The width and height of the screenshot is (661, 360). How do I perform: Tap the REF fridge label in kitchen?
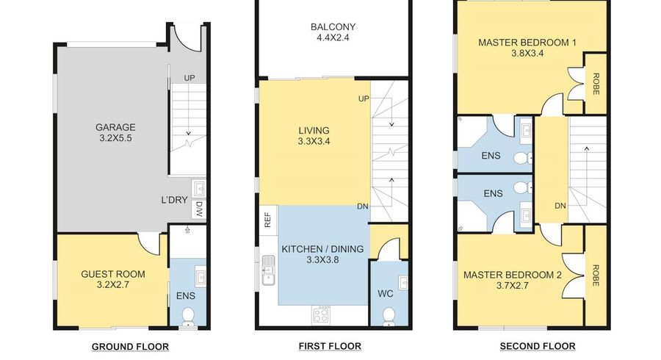(x=267, y=220)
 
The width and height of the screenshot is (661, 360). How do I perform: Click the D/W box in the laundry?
(x=199, y=209)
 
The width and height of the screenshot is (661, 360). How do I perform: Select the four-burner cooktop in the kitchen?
(x=321, y=315)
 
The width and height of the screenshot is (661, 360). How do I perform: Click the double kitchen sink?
(x=268, y=270)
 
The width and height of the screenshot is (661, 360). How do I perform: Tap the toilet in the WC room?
(x=389, y=316)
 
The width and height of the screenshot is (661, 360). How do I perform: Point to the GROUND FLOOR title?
(x=130, y=347)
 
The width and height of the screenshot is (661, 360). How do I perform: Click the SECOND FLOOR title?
(x=538, y=347)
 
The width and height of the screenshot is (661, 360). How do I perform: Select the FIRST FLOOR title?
(x=330, y=347)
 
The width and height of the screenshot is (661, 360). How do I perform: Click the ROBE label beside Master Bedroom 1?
(x=596, y=84)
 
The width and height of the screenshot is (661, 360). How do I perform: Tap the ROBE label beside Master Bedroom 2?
(x=596, y=276)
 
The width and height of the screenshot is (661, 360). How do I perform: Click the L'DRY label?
(x=174, y=200)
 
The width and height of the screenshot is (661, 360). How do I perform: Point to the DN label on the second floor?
(x=560, y=206)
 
